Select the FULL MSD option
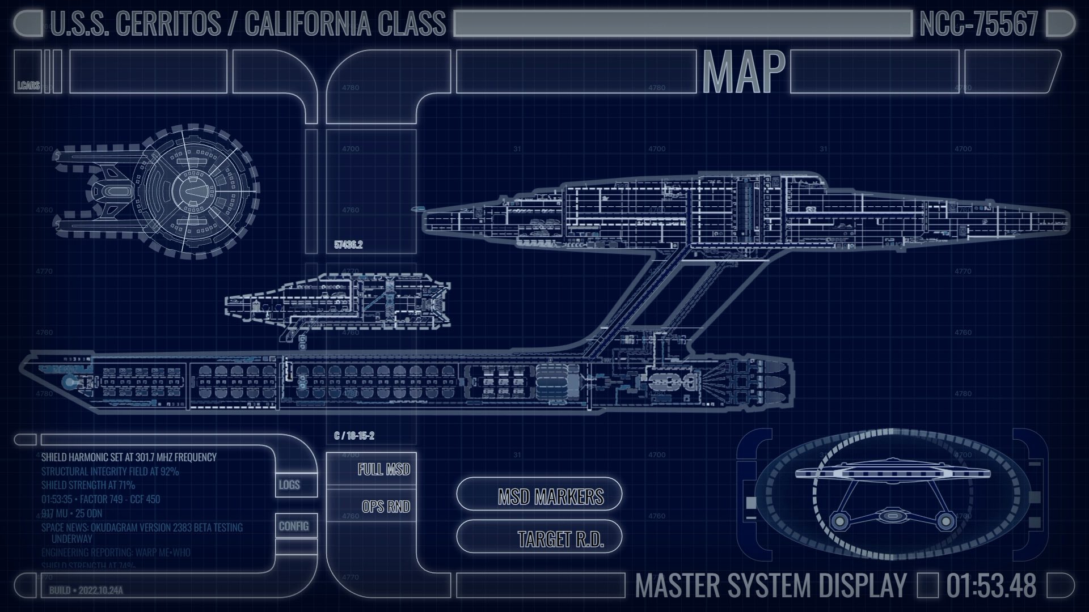383,469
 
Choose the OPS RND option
386,506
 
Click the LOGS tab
289,485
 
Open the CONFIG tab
294,526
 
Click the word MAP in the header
743,72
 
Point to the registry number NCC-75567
978,24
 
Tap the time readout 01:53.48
991,585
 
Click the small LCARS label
28,86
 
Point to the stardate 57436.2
348,245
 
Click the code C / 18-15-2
354,436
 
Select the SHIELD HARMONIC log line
129,457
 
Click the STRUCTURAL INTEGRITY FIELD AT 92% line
110,471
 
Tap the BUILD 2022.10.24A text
86,590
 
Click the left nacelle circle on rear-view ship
838,521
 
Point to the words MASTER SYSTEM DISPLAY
770,585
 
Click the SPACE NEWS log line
142,528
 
